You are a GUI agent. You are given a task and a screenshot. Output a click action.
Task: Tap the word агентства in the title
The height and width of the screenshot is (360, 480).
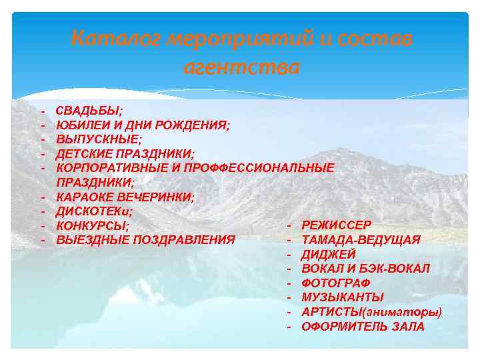[x=241, y=67]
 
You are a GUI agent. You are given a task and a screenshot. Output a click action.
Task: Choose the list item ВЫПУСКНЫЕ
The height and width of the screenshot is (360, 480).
[x=99, y=139]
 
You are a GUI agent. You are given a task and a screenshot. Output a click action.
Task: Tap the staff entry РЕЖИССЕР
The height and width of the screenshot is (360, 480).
[x=336, y=225]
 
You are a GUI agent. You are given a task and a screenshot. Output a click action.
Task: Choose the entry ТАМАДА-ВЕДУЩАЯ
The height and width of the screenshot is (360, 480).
[x=361, y=240]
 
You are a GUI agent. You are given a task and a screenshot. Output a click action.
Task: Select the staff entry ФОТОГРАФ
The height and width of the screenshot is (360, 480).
[x=335, y=283]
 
